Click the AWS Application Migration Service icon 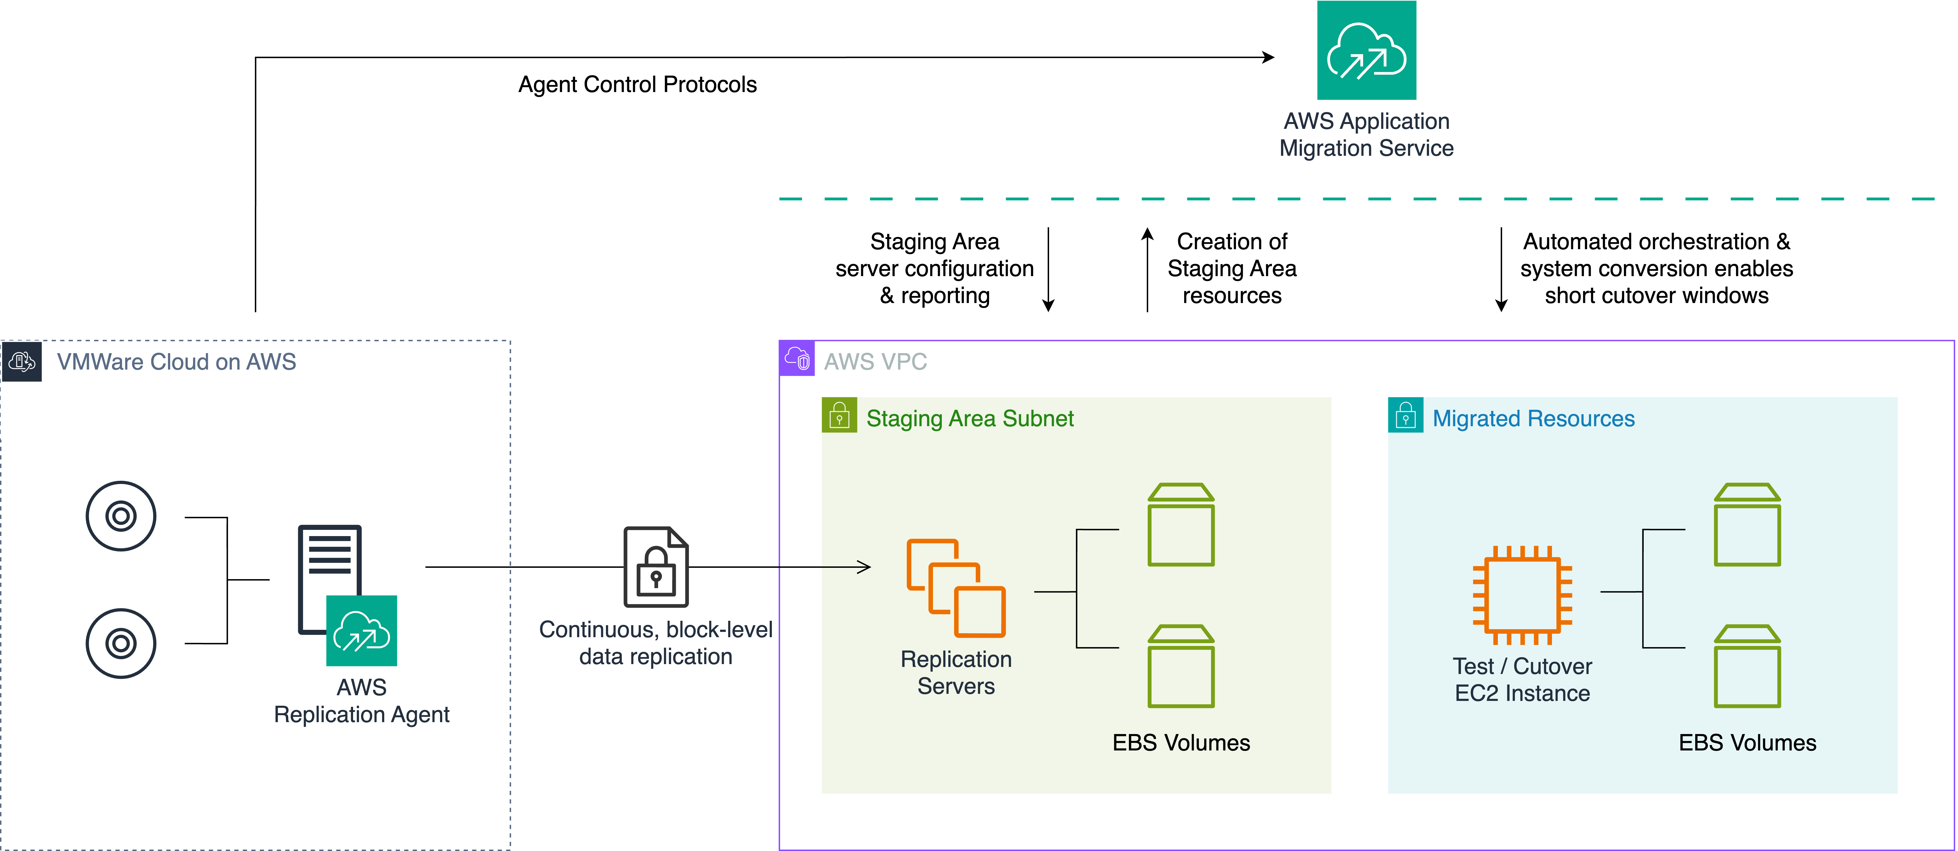[x=1366, y=50]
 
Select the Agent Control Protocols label [x=637, y=84]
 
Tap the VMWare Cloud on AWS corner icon [x=21, y=361]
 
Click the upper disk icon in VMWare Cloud [x=121, y=516]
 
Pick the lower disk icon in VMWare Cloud [x=121, y=643]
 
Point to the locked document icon [x=656, y=567]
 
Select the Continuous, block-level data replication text [x=655, y=643]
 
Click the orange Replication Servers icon [x=955, y=588]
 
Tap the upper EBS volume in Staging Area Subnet [x=1180, y=525]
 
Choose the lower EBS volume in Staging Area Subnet [x=1180, y=666]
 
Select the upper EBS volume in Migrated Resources [x=1747, y=525]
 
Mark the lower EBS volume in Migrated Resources [x=1747, y=666]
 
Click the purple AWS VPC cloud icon [x=797, y=358]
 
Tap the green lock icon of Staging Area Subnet [x=839, y=415]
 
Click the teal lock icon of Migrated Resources [x=1405, y=415]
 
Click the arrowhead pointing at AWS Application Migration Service [x=1268, y=57]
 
